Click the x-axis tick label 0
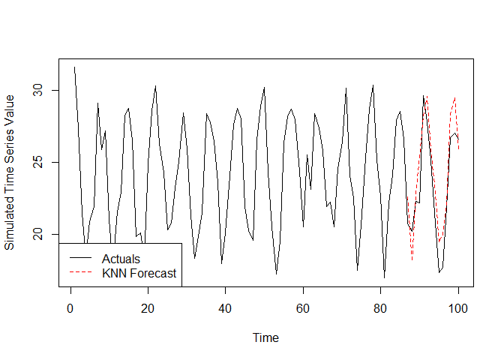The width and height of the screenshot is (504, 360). click(70, 307)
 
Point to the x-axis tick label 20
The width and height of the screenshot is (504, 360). click(148, 307)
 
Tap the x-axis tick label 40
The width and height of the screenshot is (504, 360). click(225, 307)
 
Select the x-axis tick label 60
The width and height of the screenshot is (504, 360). click(303, 307)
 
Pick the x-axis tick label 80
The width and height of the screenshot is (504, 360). click(380, 307)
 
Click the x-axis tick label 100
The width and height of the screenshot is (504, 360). click(458, 307)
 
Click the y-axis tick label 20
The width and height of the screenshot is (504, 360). click(37, 235)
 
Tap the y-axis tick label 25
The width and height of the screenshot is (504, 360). click(37, 163)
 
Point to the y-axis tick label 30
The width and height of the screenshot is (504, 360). click(37, 91)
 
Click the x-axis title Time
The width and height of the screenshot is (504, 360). click(265, 337)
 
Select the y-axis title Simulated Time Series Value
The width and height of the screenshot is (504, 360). click(10, 172)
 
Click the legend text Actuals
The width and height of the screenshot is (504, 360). click(121, 259)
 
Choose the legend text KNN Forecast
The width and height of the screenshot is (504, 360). click(139, 273)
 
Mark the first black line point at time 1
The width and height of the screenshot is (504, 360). click(74, 67)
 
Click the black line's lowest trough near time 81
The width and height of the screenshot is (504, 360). click(384, 278)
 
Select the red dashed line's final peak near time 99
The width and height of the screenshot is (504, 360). click(454, 97)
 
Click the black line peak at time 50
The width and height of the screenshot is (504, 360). click(264, 88)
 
